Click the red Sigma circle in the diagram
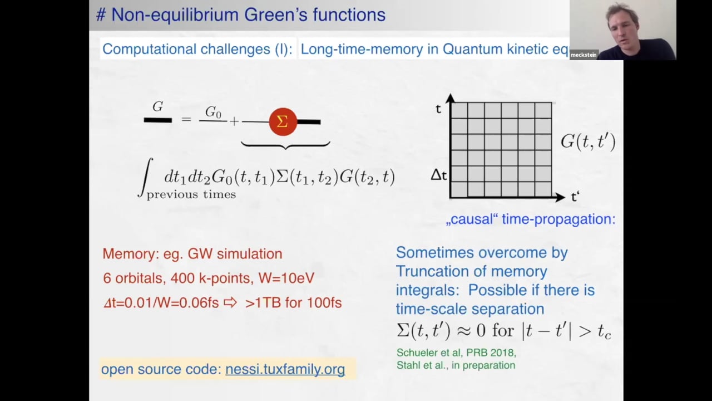coord(283,121)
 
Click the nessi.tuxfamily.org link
coord(285,369)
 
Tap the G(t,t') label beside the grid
coord(587,141)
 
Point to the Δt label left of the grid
coord(439,175)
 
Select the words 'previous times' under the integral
coord(191,194)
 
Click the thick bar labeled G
coord(157,120)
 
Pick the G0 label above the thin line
coord(213,113)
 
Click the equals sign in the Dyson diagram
coord(186,119)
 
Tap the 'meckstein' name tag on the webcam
coord(584,55)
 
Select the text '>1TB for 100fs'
coord(293,303)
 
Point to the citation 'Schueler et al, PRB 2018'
coord(456,353)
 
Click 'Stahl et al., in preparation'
coord(456,365)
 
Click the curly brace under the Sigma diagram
coord(285,145)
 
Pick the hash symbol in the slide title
coord(101,15)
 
